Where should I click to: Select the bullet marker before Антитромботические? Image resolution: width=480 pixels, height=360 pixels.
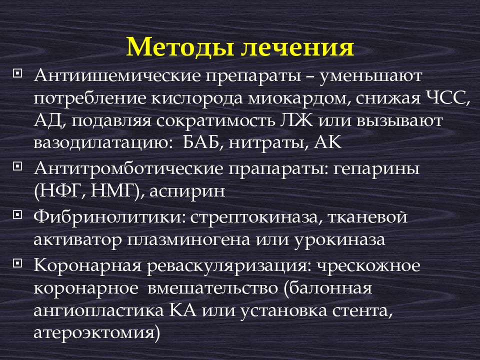click(18, 164)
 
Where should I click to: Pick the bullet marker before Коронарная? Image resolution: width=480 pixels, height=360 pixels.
click(18, 262)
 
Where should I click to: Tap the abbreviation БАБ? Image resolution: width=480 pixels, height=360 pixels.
click(193, 143)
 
